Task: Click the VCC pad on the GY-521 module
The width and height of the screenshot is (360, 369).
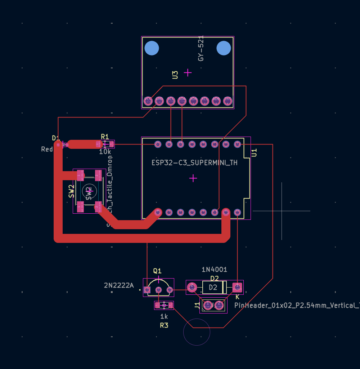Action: [x=148, y=101]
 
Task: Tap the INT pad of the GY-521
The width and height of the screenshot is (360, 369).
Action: [x=228, y=101]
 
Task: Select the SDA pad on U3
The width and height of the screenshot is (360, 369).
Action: [x=182, y=101]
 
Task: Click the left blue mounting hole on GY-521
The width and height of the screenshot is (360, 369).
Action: [x=152, y=48]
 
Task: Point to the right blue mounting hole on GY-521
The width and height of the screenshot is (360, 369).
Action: [x=224, y=48]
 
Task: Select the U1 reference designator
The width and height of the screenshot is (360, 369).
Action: [x=254, y=152]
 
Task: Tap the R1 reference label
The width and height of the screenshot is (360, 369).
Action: [x=105, y=137]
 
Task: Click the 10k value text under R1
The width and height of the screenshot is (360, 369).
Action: [x=105, y=152]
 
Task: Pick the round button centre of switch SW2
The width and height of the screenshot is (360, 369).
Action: [x=89, y=191]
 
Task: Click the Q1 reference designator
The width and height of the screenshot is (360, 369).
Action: [x=157, y=271]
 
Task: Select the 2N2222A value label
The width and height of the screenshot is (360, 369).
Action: [x=118, y=286]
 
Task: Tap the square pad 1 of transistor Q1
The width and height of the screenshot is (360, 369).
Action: [x=147, y=290]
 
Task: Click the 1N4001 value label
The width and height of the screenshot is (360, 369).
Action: [x=214, y=270]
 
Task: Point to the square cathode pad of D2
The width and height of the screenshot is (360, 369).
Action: [x=237, y=287]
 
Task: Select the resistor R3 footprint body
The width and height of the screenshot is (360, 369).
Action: [x=164, y=306]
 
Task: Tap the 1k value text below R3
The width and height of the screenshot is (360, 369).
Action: [x=164, y=317]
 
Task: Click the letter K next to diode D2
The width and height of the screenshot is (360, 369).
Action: [x=237, y=297]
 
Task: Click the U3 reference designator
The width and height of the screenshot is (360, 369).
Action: [x=175, y=75]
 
